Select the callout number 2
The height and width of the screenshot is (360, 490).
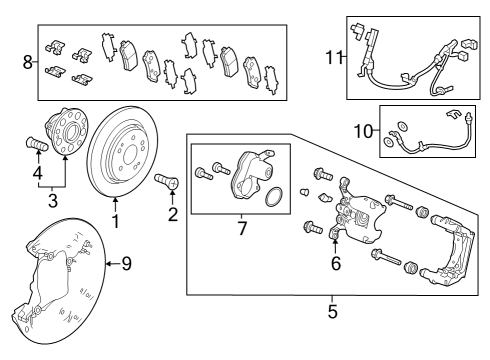(x=174, y=213)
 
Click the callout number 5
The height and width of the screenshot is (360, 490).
(x=332, y=311)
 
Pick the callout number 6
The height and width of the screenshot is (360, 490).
(x=336, y=263)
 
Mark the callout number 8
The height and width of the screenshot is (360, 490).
(x=27, y=62)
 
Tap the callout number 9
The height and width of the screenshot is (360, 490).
(x=126, y=264)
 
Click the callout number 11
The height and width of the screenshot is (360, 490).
(x=333, y=57)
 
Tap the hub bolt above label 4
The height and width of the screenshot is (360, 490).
(x=33, y=146)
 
